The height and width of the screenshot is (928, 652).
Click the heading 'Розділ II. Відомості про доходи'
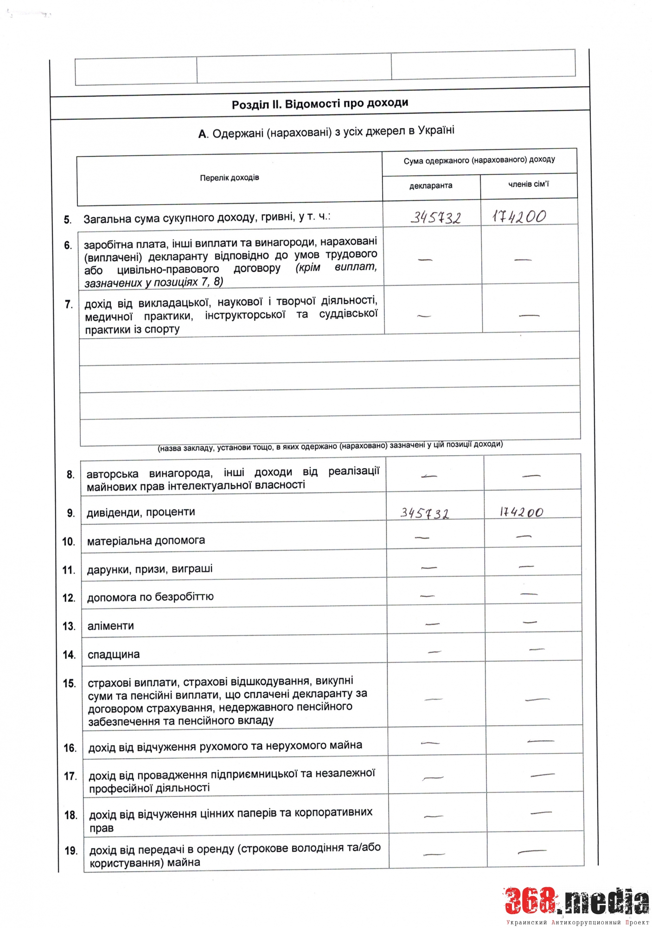click(320, 103)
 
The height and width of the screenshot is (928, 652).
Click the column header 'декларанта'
click(431, 186)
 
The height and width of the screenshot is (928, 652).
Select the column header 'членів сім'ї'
click(528, 184)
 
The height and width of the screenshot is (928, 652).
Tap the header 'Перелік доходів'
click(230, 178)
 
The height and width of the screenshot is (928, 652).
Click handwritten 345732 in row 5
click(435, 217)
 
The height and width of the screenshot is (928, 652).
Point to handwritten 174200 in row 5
click(519, 216)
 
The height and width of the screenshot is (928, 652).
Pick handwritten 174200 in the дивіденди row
click(521, 512)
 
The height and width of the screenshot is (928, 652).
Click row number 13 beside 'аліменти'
click(69, 626)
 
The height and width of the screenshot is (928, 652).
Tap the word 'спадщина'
click(114, 655)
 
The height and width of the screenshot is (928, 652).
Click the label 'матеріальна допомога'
click(146, 541)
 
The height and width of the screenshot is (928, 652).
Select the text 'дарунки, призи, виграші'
click(150, 569)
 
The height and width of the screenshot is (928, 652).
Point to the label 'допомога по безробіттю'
click(150, 597)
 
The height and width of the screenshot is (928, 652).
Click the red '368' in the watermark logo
click(531, 902)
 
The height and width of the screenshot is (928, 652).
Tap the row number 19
click(71, 851)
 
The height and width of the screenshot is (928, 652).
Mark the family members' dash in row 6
click(523, 260)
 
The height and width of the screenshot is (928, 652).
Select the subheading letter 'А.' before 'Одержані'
click(203, 135)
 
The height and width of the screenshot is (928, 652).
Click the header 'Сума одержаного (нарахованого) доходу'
click(479, 160)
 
